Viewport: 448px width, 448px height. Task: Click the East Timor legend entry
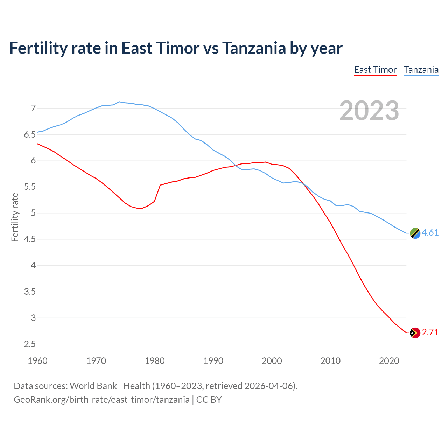point(375,70)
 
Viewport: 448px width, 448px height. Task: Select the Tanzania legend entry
point(421,70)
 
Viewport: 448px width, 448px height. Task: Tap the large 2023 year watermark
point(369,111)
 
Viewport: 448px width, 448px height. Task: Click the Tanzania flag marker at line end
point(415,233)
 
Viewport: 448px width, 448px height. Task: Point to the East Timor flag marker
point(415,333)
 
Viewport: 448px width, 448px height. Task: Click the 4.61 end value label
point(430,233)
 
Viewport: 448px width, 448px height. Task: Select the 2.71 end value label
point(430,332)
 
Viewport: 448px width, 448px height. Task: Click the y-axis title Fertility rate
point(15,217)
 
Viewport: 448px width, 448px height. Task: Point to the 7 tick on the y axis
point(33,108)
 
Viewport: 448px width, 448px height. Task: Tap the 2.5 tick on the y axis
point(30,344)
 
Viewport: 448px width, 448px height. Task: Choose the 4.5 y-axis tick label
point(30,239)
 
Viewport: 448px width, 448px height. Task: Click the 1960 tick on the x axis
point(37,361)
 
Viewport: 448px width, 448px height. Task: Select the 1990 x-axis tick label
point(213,361)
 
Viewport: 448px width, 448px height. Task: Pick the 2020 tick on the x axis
point(389,361)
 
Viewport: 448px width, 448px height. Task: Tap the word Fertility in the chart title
point(38,48)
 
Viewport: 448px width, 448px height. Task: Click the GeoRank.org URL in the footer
point(101,400)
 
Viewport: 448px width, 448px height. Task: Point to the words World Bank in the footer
point(93,386)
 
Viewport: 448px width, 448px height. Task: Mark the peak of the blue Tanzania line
point(119,102)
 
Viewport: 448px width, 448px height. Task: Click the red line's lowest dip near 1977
point(140,208)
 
